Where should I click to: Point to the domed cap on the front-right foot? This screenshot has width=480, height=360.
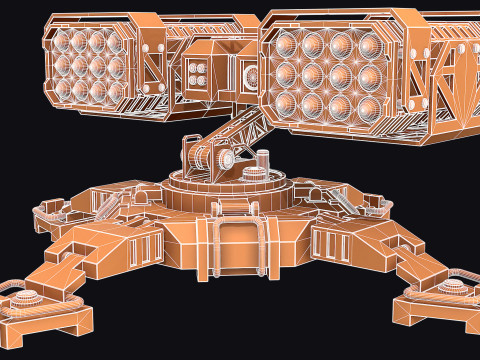click(x=453, y=287)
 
